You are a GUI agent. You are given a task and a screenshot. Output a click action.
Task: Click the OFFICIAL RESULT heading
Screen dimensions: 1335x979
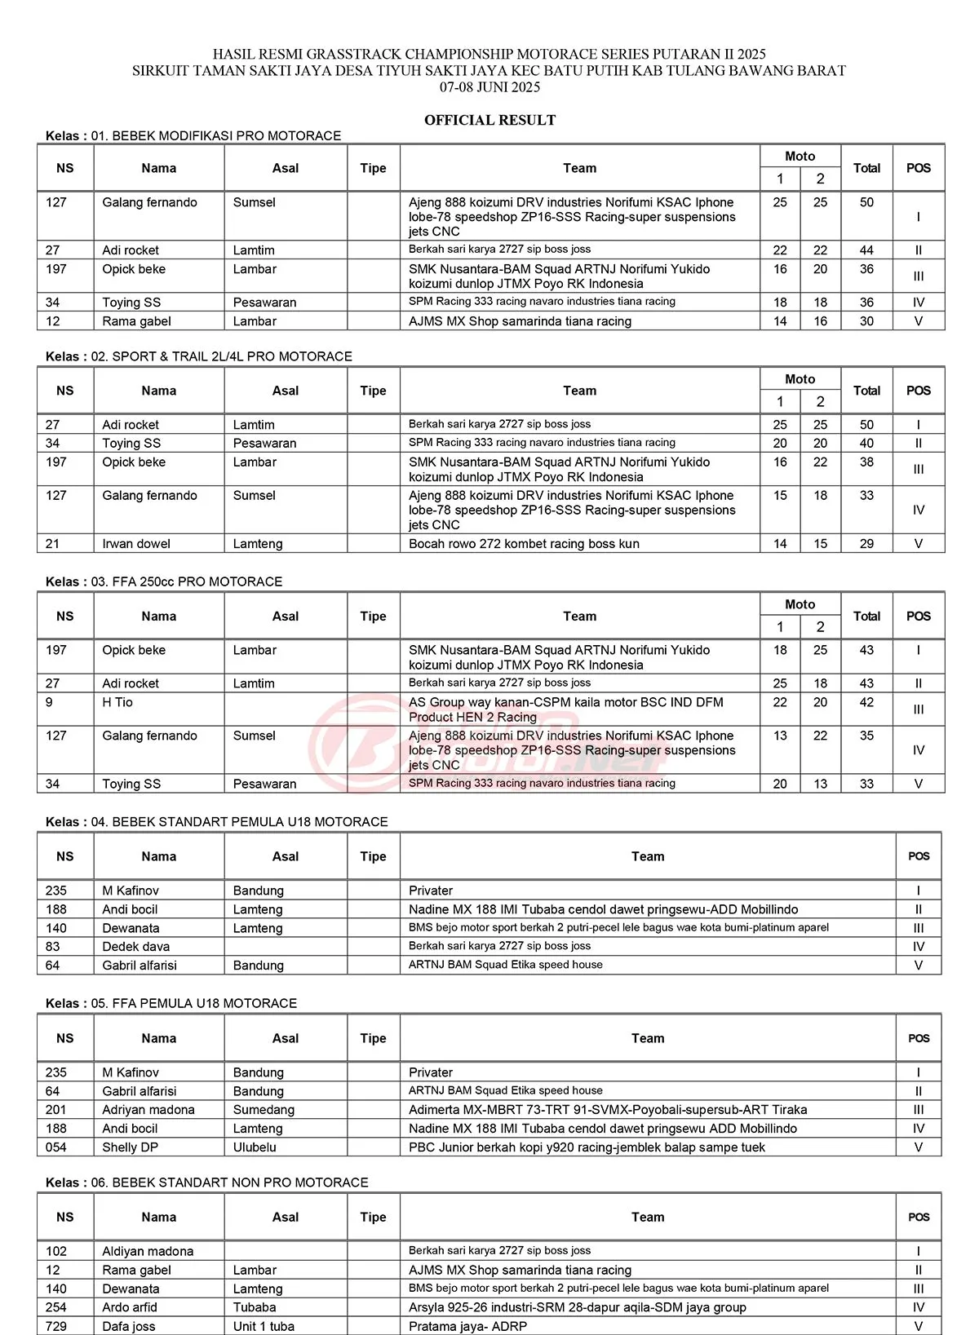[489, 120]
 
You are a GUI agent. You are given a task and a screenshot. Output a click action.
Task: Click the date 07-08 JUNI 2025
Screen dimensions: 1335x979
[489, 87]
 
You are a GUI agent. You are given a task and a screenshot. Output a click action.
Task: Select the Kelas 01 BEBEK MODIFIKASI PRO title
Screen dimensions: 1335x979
[193, 135]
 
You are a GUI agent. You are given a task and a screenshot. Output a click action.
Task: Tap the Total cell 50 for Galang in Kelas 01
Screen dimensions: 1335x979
[866, 202]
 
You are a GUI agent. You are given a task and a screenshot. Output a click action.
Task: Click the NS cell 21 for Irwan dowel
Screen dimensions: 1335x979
[53, 544]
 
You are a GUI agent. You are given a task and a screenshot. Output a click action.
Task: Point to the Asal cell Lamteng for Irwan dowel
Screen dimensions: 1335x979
[258, 544]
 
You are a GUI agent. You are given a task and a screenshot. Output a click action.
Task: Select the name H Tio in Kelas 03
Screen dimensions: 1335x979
[117, 702]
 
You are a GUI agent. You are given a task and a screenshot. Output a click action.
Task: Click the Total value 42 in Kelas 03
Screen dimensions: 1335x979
[866, 702]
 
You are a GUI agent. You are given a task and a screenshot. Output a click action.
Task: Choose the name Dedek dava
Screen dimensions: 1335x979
[136, 947]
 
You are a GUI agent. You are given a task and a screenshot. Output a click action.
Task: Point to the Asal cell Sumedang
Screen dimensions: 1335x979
[264, 1110]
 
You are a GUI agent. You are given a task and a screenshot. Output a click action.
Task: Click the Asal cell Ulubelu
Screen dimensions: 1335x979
[255, 1147]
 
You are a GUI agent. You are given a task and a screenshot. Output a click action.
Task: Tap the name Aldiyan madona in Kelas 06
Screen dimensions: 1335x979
[148, 1251]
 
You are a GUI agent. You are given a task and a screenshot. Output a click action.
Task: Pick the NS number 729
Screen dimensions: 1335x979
[56, 1326]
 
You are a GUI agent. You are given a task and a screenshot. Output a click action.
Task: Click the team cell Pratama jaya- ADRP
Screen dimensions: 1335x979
[467, 1326]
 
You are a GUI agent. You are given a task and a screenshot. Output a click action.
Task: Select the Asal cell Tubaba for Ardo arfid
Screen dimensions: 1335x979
[255, 1307]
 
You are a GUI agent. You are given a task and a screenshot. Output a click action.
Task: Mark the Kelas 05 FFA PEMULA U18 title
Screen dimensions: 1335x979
[171, 1003]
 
